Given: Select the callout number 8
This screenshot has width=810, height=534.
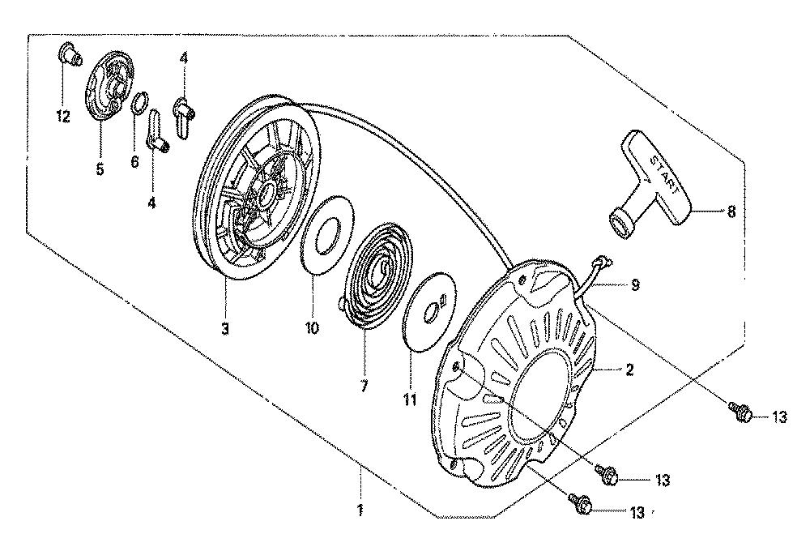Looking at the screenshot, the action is pos(731,211).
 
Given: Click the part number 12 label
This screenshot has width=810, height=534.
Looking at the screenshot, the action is pos(62,117).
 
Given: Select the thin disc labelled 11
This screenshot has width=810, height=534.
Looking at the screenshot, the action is pos(428,312).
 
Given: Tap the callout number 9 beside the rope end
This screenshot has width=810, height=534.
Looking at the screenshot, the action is pos(635,284).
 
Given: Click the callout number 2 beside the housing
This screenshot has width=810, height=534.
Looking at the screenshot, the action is pos(629,370).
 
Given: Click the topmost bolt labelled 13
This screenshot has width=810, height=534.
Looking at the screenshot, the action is pos(741,412).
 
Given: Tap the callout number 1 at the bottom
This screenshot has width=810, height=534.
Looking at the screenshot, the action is pos(360,511).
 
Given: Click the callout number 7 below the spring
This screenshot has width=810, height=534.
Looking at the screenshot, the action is pos(364,387).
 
